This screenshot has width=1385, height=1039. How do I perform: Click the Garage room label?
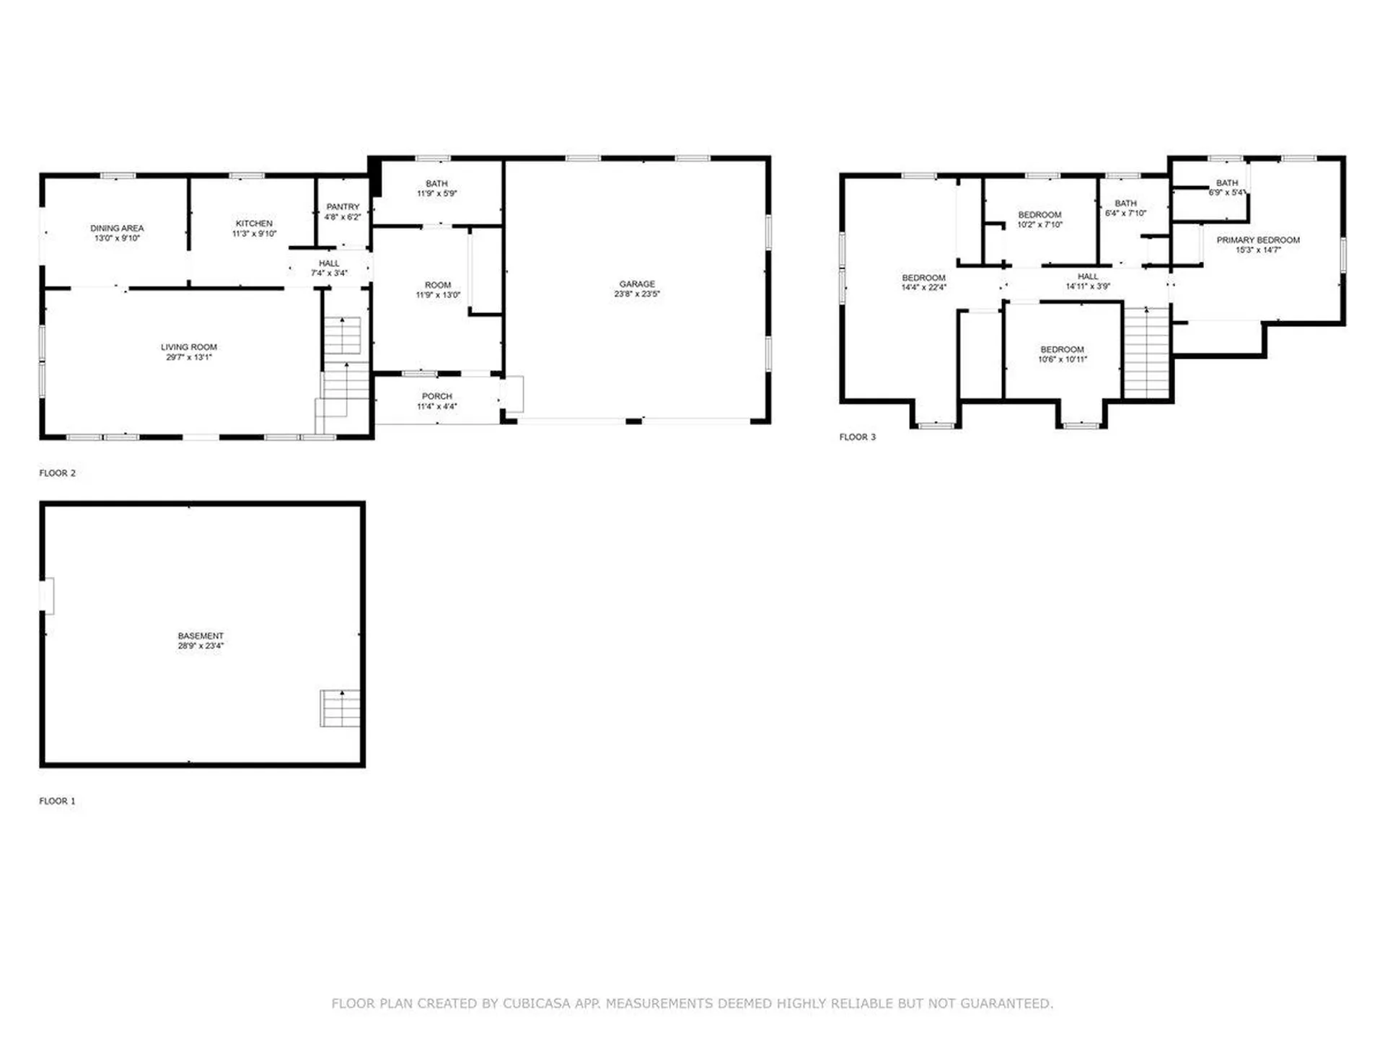tap(637, 284)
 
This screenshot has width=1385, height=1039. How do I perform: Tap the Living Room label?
tap(189, 347)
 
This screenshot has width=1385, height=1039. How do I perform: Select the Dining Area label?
tap(117, 228)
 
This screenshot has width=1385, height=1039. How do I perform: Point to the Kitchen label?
tap(254, 224)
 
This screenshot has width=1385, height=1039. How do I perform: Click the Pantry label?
tap(343, 207)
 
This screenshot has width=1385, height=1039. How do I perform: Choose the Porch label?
tap(437, 396)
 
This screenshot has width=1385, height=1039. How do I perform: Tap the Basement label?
tap(201, 636)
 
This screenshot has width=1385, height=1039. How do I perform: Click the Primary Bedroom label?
tap(1258, 240)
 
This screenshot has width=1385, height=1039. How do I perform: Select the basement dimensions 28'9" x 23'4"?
tap(201, 646)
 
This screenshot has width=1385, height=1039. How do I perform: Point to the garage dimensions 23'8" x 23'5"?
tap(637, 294)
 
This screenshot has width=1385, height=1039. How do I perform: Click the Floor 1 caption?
tap(57, 801)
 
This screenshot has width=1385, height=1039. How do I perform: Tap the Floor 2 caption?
tap(57, 473)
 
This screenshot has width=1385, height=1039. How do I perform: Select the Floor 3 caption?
tap(857, 437)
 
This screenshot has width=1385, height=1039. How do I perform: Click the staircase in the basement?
tap(340, 708)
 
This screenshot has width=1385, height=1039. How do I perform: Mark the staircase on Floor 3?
tap(1146, 352)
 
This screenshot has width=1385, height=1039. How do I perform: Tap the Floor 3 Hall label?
tap(1088, 276)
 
